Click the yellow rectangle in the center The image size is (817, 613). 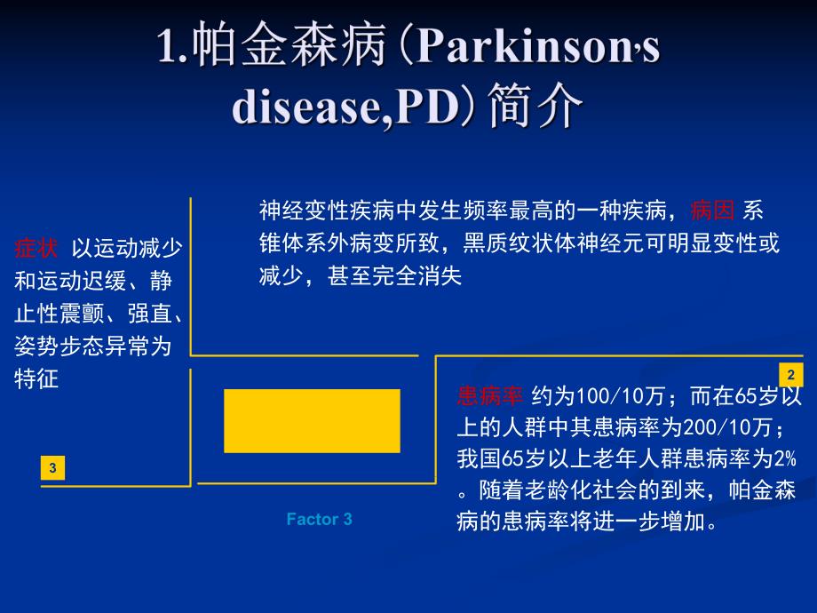click(312, 420)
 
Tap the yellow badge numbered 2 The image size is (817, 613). click(789, 374)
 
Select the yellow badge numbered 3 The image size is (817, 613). click(52, 467)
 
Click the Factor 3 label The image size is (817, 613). click(319, 519)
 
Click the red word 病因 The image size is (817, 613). click(712, 211)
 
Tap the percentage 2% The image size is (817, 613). click(781, 459)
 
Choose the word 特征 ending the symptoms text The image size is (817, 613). click(36, 378)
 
